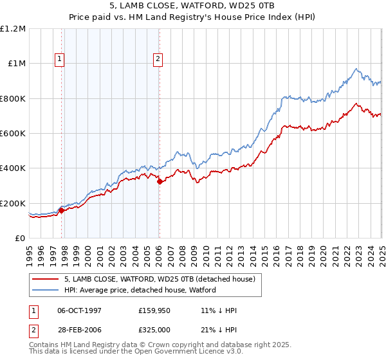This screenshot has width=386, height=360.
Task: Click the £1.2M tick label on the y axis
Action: pos(13,29)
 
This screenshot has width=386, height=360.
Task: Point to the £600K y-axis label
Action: pos(13,134)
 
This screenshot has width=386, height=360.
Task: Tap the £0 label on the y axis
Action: pos(21,239)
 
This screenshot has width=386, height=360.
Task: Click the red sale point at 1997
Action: pos(62,210)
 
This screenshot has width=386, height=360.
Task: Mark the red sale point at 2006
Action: pos(160,181)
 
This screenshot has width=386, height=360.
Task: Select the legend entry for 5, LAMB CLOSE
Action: pos(160,279)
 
